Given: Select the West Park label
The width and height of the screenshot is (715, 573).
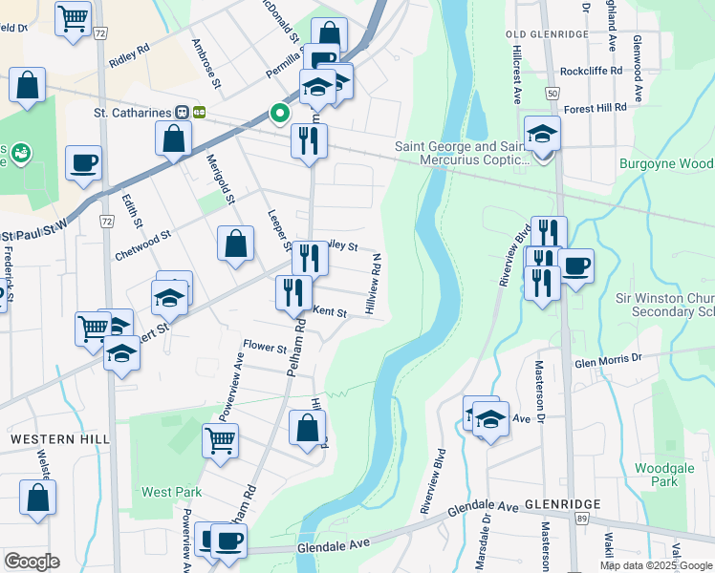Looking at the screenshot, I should point(171,492).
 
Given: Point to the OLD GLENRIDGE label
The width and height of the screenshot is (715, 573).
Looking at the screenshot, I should point(546,34).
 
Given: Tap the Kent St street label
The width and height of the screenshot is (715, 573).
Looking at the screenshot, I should point(329,312).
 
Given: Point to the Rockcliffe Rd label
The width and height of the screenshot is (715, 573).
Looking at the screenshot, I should point(594,71).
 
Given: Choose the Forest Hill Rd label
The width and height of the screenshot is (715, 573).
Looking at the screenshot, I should point(596,108).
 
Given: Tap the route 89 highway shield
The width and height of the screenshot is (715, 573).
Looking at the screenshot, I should point(581,517).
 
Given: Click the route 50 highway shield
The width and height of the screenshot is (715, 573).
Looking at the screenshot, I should point(552,93).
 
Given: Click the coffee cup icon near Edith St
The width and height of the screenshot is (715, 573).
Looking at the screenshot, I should point(83,161).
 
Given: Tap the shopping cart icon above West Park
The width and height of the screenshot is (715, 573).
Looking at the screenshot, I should point(221,441).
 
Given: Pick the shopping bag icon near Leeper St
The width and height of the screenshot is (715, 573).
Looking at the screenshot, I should point(235,244).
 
